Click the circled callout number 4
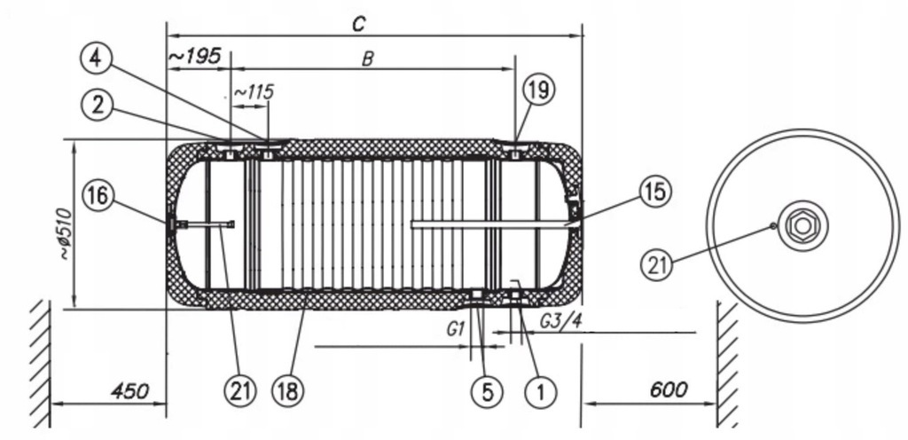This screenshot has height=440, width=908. click(97, 59)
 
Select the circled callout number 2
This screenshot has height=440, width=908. click(98, 106)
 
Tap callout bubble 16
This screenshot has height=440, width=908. click(98, 196)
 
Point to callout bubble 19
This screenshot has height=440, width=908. click(538, 90)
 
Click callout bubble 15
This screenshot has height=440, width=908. click(655, 192)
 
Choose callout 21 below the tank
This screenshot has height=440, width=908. click(239, 391)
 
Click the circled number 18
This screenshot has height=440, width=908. click(288, 391)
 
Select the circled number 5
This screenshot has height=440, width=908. click(487, 392)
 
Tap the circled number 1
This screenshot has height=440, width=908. click(540, 392)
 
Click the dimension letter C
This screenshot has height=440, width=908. click(359, 24)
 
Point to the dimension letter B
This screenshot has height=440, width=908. click(367, 59)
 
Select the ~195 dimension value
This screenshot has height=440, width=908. click(195, 56)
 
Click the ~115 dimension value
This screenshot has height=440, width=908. click(254, 92)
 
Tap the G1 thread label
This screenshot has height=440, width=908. click(456, 329)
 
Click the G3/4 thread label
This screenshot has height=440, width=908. click(560, 321)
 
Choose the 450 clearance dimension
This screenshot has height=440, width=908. click(129, 391)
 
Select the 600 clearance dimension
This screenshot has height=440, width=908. click(669, 389)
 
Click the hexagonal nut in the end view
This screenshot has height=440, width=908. click(802, 225)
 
